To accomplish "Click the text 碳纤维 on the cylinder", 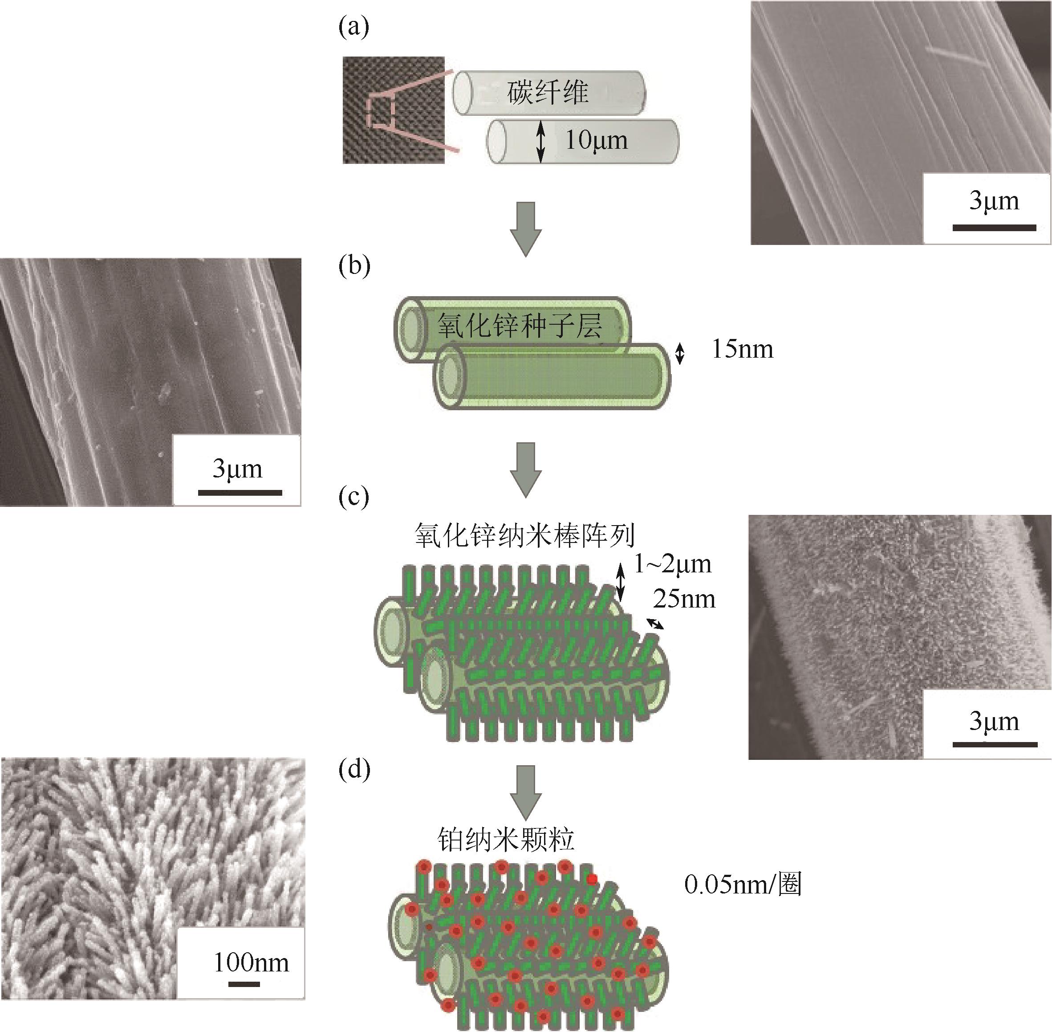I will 548,93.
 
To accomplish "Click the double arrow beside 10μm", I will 540,141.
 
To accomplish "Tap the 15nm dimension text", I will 742,350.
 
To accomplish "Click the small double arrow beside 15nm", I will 680,353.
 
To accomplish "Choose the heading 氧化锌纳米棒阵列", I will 525,535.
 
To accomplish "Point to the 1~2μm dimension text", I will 672,565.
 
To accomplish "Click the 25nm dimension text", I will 684,600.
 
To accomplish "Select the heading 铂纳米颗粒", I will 506,840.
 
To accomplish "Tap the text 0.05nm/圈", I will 743,885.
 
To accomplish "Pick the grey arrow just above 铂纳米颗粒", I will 525,792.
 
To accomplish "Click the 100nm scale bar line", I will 244,984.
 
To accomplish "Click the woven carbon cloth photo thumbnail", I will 393,110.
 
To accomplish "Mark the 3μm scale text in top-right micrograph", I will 994,201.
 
